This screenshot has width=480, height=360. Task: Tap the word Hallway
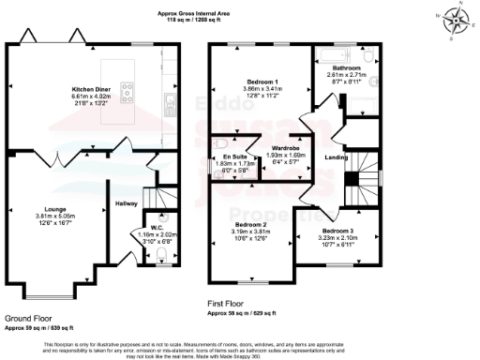pos(126,202)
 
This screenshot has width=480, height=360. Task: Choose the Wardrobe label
pos(285,149)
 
